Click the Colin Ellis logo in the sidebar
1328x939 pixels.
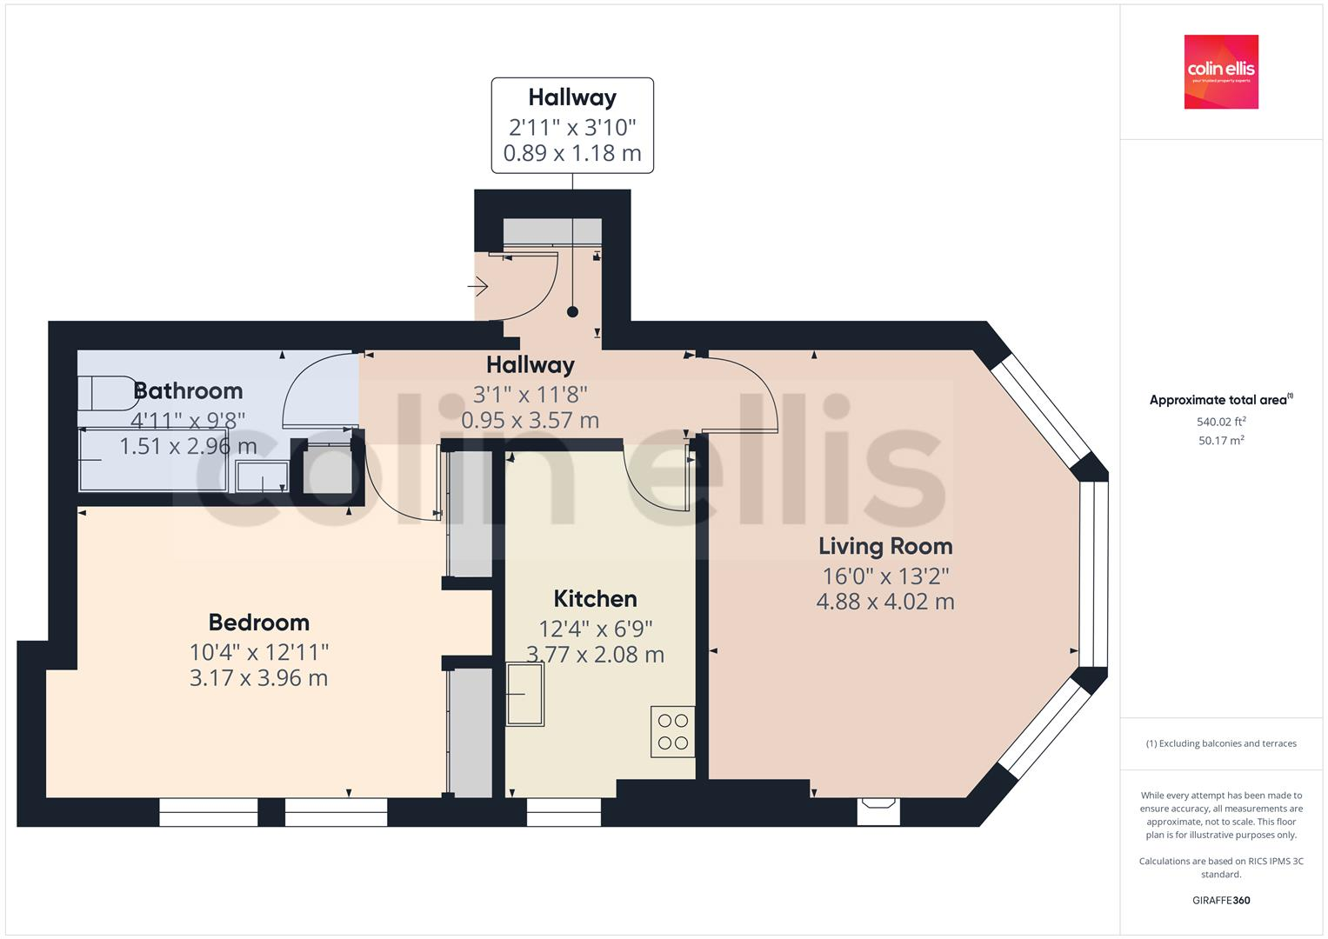pyautogui.click(x=1221, y=71)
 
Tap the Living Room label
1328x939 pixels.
pyautogui.click(x=885, y=546)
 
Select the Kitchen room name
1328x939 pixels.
pyautogui.click(x=595, y=599)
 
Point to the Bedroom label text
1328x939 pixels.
pyautogui.click(x=259, y=623)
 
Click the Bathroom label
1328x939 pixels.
pyautogui.click(x=188, y=391)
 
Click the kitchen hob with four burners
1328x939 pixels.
pyautogui.click(x=672, y=731)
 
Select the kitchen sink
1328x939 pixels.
pyautogui.click(x=525, y=694)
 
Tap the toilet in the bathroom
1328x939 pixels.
pyautogui.click(x=108, y=393)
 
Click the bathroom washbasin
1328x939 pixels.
pyautogui.click(x=262, y=476)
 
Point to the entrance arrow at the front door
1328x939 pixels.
pyautogui.click(x=478, y=285)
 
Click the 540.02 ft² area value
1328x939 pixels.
pyautogui.click(x=1221, y=422)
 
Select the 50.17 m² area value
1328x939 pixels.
pyautogui.click(x=1221, y=441)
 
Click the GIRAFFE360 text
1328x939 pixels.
pyautogui.click(x=1221, y=900)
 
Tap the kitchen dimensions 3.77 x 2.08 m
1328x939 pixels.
pyautogui.click(x=595, y=655)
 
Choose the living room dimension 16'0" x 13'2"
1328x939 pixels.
pyautogui.click(x=885, y=576)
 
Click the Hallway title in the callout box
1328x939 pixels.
pyautogui.click(x=572, y=97)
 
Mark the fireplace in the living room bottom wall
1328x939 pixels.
pyautogui.click(x=878, y=810)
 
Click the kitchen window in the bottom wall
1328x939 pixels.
pyautogui.click(x=564, y=812)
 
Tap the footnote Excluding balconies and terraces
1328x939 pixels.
pyautogui.click(x=1221, y=743)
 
